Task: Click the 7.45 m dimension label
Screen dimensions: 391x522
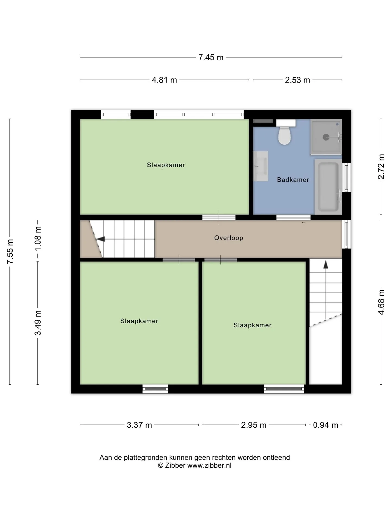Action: coord(211,57)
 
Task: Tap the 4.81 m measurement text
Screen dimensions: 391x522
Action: coord(164,80)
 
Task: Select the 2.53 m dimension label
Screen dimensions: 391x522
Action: coord(297,80)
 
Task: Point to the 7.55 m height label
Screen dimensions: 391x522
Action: coord(10,251)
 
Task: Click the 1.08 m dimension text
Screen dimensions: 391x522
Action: coord(38,239)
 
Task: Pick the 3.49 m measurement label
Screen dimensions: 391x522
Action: coord(38,323)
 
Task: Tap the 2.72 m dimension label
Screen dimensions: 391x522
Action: coord(381,167)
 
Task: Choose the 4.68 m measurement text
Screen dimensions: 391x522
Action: coord(381,302)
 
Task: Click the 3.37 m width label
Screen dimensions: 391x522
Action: coord(139,425)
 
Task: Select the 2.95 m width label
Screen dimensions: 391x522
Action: coord(254,425)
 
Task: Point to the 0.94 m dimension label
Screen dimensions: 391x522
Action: coord(326,425)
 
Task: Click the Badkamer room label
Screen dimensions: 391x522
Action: coord(293,180)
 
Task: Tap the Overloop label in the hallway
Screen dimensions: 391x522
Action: coord(229,238)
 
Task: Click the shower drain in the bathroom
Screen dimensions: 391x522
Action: coord(326,137)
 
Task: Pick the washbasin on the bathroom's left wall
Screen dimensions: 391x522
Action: coord(260,166)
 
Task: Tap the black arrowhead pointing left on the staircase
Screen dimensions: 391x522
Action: coord(101,239)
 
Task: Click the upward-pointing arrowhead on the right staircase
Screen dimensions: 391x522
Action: coord(326,265)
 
